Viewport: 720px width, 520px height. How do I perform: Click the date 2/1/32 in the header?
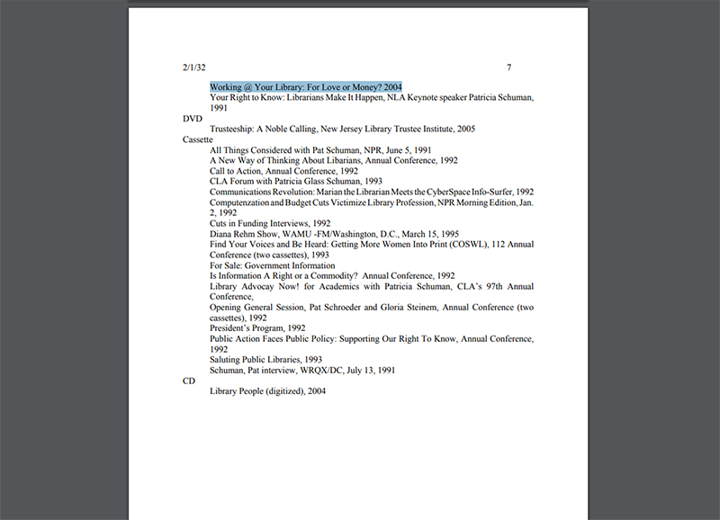point(194,67)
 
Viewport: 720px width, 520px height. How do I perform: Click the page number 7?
point(509,67)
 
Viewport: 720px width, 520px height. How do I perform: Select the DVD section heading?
point(192,119)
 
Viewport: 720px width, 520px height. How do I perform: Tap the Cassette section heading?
point(197,139)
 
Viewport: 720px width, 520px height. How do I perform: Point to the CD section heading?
point(189,381)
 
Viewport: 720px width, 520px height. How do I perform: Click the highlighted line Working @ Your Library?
point(306,86)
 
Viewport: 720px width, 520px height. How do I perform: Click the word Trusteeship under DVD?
point(236,129)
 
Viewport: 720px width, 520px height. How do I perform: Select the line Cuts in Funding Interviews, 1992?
point(270,223)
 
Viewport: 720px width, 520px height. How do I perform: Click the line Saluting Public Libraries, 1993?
point(265,359)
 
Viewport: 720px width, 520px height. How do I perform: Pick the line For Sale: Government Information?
point(273,265)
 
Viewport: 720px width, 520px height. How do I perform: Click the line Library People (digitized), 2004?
point(267,391)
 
